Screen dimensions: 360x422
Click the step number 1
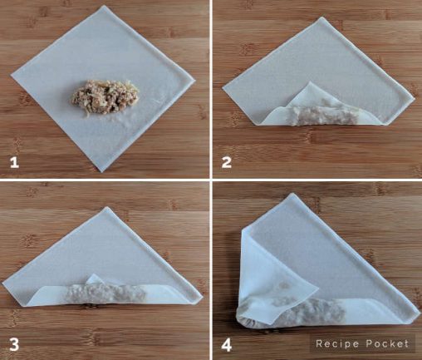(13, 161)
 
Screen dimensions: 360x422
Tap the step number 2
(227, 161)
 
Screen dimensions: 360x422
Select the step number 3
(13, 343)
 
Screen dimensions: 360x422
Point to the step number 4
(227, 343)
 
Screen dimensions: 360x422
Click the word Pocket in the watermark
(388, 343)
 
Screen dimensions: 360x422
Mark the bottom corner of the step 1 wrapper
(101, 170)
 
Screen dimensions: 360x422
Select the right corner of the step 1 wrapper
(195, 81)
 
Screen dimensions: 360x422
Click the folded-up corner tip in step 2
(312, 84)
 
